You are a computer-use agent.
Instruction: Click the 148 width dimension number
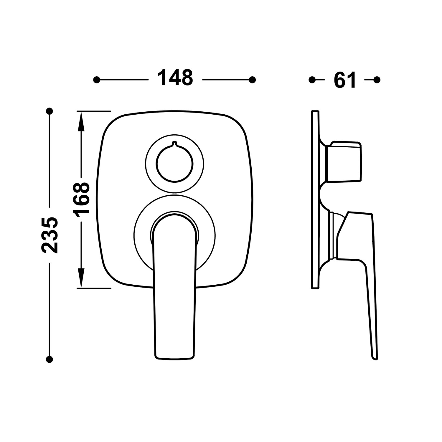(x=175, y=78)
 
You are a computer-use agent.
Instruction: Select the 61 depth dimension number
(x=345, y=80)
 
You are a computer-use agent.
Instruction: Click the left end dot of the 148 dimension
(x=97, y=80)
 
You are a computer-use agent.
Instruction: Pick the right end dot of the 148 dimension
(x=252, y=80)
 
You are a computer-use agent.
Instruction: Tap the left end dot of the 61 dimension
(x=312, y=80)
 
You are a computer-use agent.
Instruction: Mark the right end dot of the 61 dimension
(x=377, y=80)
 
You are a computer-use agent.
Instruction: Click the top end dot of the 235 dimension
(x=50, y=111)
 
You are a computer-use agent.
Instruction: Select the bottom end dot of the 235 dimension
(x=50, y=359)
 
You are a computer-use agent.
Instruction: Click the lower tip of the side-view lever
(x=375, y=359)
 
